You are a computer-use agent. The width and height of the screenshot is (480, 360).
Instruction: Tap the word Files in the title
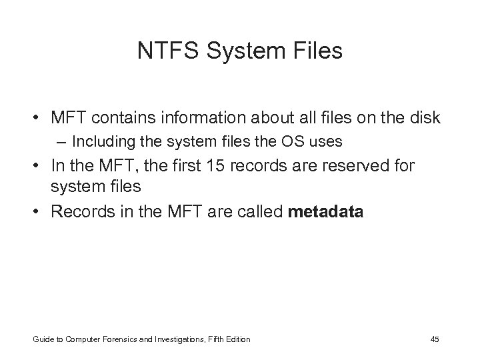(x=316, y=51)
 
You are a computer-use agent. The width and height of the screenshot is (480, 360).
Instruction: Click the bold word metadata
(x=325, y=212)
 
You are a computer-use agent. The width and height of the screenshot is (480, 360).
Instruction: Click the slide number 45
(x=435, y=339)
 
